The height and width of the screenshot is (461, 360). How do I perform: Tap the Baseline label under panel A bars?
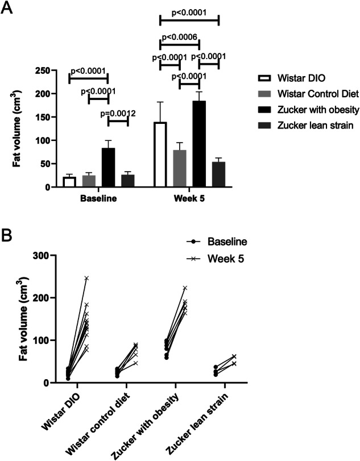click(x=98, y=200)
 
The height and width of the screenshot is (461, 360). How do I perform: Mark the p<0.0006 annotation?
click(x=179, y=38)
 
